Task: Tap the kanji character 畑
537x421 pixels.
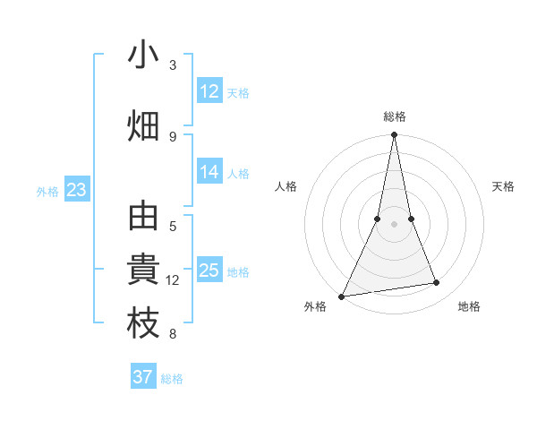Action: pos(143,125)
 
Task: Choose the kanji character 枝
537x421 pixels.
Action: pos(143,324)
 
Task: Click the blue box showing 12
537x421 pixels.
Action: pos(209,91)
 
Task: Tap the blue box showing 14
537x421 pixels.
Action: pos(209,172)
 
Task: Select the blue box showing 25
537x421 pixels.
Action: pos(209,271)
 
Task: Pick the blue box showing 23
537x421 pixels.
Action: pos(76,190)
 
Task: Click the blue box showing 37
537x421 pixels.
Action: pos(143,377)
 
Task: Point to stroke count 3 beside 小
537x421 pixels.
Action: pos(173,65)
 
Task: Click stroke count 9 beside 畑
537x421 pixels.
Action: pos(173,136)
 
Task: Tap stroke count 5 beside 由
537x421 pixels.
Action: pos(173,227)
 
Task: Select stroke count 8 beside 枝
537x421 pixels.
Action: pos(173,335)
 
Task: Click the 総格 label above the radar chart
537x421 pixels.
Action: pos(395,116)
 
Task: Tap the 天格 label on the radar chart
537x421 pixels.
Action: pos(504,186)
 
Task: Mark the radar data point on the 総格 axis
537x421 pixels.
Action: pos(394,135)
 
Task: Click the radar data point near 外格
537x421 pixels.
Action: pos(341,296)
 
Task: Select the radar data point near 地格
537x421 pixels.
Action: pos(437,283)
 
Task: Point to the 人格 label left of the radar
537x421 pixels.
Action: pos(286,186)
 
